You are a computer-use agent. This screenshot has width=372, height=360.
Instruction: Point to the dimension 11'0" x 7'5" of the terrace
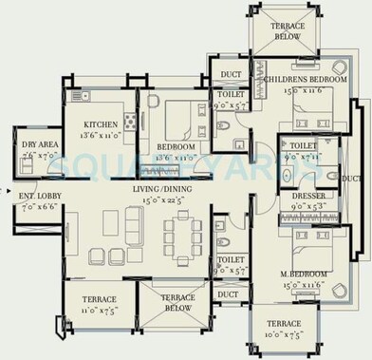click(x=99, y=310)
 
